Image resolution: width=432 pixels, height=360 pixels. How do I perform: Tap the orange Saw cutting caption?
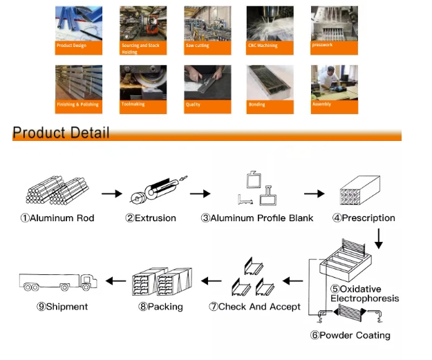point(207,47)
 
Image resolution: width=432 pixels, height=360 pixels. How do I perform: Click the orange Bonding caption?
point(270,106)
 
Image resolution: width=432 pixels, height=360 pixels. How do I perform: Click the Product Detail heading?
point(61,133)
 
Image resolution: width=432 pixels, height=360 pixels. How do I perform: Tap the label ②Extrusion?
point(151,218)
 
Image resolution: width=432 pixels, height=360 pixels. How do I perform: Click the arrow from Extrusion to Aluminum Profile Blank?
point(200,194)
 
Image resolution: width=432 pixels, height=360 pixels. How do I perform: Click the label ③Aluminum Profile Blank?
point(256,218)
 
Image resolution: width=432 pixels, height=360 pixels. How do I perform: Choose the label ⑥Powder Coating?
point(350,335)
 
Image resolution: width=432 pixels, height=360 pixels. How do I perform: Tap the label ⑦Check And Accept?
point(255,306)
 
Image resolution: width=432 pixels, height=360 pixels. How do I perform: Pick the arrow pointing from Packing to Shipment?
point(115,281)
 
